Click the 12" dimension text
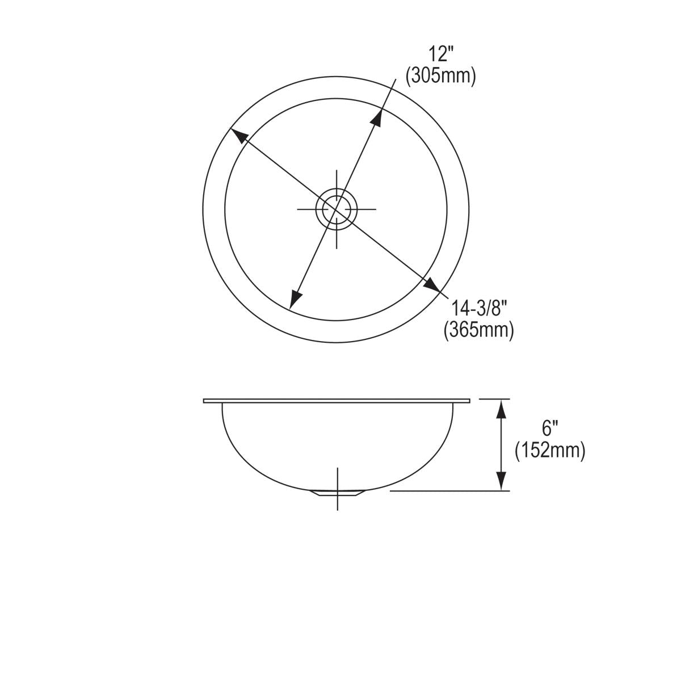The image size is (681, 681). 441,55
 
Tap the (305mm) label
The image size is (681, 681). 440,75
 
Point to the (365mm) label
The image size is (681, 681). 478,329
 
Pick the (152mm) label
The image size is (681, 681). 550,450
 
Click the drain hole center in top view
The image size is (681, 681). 337,209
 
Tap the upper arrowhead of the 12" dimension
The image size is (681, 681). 376,115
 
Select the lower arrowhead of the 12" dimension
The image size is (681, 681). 295,299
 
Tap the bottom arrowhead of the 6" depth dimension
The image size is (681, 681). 501,481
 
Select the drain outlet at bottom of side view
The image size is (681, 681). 337,493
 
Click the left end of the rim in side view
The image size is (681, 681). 204,401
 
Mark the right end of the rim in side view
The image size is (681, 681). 469,401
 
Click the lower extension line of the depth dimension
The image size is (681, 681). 448,490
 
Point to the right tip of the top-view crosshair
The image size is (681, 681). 375,209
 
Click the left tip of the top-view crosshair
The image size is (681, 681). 299,209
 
